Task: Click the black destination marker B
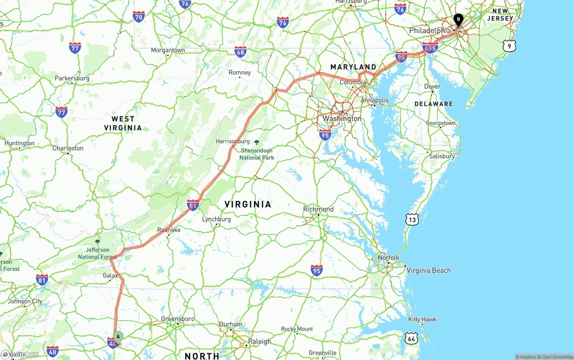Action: pyautogui.click(x=458, y=19)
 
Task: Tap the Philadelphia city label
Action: pyautogui.click(x=430, y=30)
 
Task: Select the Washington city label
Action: pyautogui.click(x=342, y=118)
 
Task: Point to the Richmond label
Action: pyautogui.click(x=318, y=209)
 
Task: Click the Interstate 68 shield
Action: pyautogui.click(x=240, y=52)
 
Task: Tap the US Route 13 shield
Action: pyautogui.click(x=412, y=219)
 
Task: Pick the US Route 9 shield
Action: pyautogui.click(x=509, y=45)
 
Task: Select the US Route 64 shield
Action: pyautogui.click(x=411, y=338)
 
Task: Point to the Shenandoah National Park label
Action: pyautogui.click(x=257, y=154)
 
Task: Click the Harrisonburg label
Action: pyautogui.click(x=233, y=141)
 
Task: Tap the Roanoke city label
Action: pyautogui.click(x=169, y=230)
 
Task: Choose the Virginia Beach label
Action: pyautogui.click(x=429, y=270)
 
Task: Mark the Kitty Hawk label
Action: pyautogui.click(x=422, y=320)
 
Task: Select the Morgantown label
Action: pyautogui.click(x=168, y=50)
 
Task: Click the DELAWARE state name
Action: pyautogui.click(x=434, y=104)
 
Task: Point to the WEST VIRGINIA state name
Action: pyautogui.click(x=123, y=123)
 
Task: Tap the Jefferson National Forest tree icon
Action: pyautogui.click(x=98, y=242)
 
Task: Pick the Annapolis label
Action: pyautogui.click(x=374, y=100)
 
